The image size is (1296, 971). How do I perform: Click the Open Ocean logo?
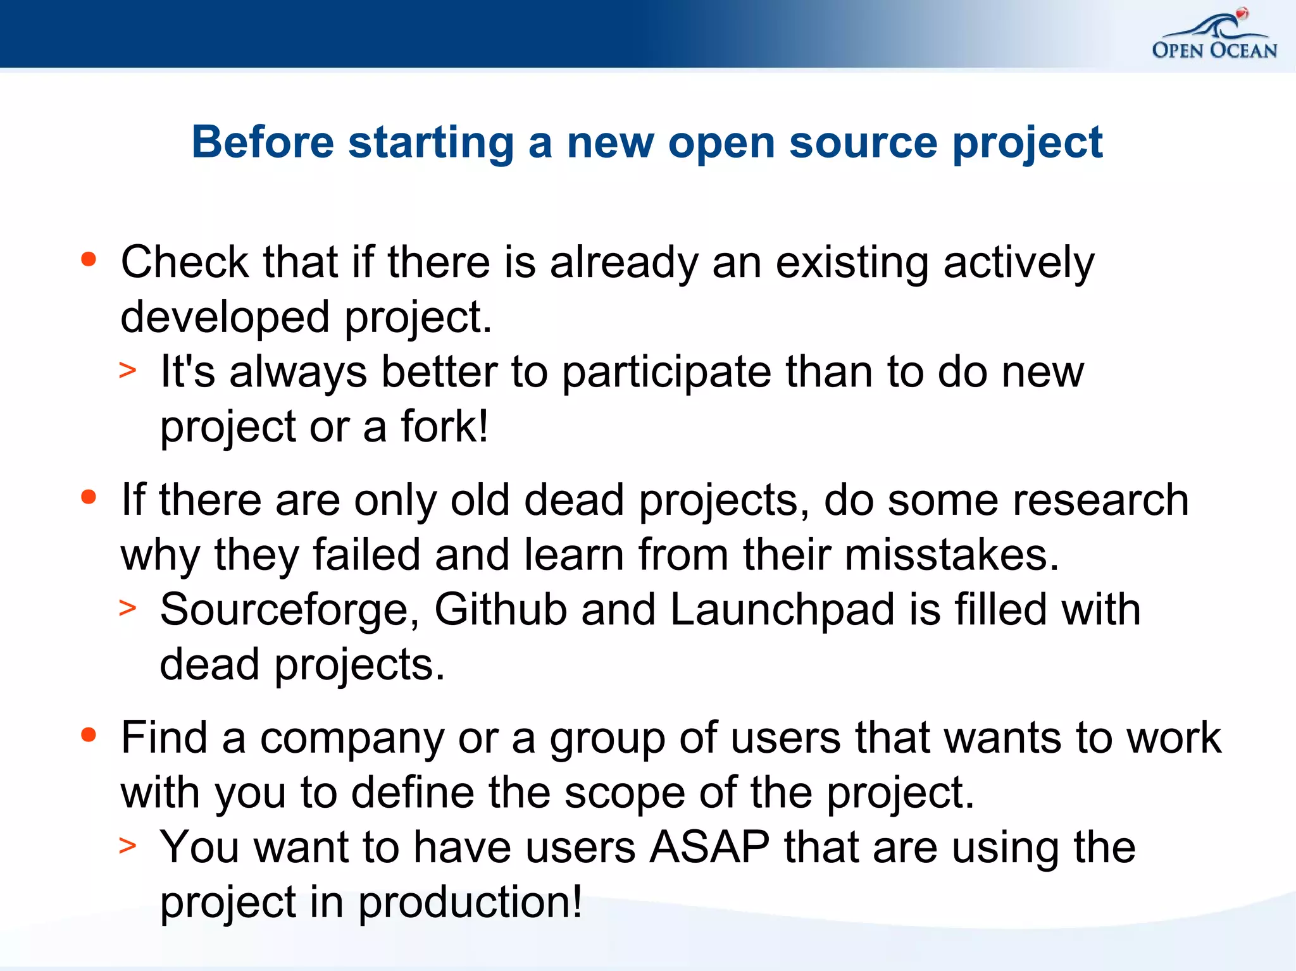click(1214, 36)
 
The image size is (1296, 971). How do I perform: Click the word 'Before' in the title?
click(263, 142)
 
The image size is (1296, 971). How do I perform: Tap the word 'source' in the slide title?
click(863, 142)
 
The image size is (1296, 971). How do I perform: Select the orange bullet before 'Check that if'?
click(89, 259)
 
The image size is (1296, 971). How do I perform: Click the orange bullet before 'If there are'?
click(89, 497)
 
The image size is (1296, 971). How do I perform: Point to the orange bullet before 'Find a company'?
click(89, 734)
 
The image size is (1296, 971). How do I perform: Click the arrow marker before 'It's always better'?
click(128, 370)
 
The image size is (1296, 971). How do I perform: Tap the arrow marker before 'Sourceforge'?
click(128, 608)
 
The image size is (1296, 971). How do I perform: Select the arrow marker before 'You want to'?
click(128, 846)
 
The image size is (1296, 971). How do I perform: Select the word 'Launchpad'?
click(782, 609)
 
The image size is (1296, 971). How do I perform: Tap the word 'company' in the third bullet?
click(352, 739)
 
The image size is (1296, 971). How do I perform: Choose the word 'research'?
click(1100, 500)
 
